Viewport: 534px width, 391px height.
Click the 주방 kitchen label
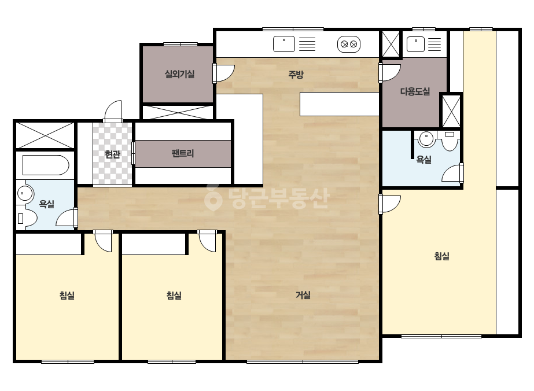click(296, 74)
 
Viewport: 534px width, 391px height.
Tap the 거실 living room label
click(303, 295)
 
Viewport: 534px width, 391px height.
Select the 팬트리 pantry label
click(183, 153)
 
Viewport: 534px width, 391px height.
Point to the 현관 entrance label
click(112, 154)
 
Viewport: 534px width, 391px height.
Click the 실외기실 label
click(179, 74)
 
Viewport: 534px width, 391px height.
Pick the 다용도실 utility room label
click(415, 91)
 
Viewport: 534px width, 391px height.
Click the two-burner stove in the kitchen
click(349, 44)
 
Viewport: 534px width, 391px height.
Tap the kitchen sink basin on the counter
click(284, 44)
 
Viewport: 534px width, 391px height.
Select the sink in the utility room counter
click(415, 44)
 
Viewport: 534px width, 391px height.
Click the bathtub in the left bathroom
click(46, 165)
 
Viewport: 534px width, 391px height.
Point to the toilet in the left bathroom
click(27, 217)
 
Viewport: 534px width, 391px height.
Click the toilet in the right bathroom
click(450, 141)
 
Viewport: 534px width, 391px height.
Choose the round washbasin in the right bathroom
click(426, 139)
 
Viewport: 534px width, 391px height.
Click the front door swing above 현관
click(113, 110)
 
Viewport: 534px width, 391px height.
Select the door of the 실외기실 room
click(224, 73)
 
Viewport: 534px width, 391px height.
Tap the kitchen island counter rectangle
click(340, 104)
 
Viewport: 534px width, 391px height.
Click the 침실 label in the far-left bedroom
click(67, 296)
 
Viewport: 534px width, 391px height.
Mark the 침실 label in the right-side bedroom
click(441, 256)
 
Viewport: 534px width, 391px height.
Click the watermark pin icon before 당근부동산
click(213, 198)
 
